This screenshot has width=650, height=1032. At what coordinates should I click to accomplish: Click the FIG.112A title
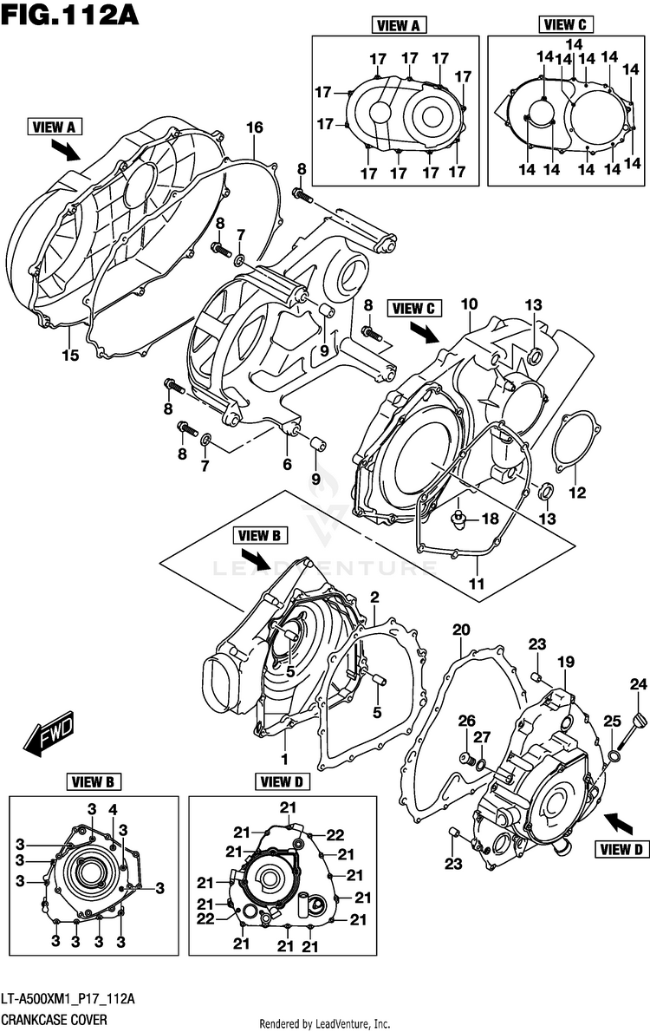[x=70, y=14]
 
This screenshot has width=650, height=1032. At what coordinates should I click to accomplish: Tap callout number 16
[x=255, y=127]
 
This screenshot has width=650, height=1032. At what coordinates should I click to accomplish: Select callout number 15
[x=70, y=356]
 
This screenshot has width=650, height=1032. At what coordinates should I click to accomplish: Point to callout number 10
[x=469, y=304]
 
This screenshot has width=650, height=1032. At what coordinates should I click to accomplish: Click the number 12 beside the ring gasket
[x=577, y=493]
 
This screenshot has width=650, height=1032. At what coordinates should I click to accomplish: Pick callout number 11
[x=477, y=583]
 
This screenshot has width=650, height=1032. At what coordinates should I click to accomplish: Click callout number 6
[x=287, y=465]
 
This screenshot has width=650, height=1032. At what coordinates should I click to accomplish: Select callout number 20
[x=461, y=630]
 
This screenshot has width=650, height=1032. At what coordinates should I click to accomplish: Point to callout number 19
[x=566, y=662]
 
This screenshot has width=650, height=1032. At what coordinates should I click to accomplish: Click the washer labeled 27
[x=482, y=764]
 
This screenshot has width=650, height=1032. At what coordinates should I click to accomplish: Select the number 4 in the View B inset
[x=114, y=809]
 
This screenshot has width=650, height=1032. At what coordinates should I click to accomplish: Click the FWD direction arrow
[x=49, y=733]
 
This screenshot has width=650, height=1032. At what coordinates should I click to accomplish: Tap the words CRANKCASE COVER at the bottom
[x=53, y=1020]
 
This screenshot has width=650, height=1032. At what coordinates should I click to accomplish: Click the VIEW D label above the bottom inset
[x=282, y=782]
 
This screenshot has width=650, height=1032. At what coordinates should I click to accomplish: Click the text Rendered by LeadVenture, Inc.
[x=325, y=1023]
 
